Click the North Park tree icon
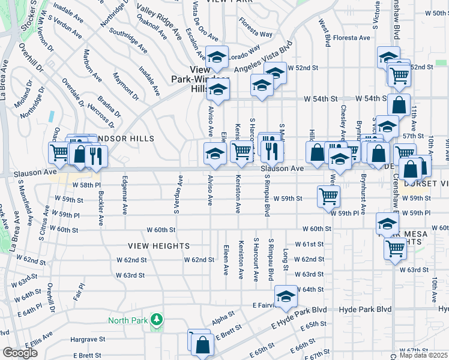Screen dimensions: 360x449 157,319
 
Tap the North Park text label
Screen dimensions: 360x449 127,320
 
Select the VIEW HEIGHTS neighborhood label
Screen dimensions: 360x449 158,246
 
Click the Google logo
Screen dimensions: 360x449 20,353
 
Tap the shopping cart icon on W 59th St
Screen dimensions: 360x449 329,196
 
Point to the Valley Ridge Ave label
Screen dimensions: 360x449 159,17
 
